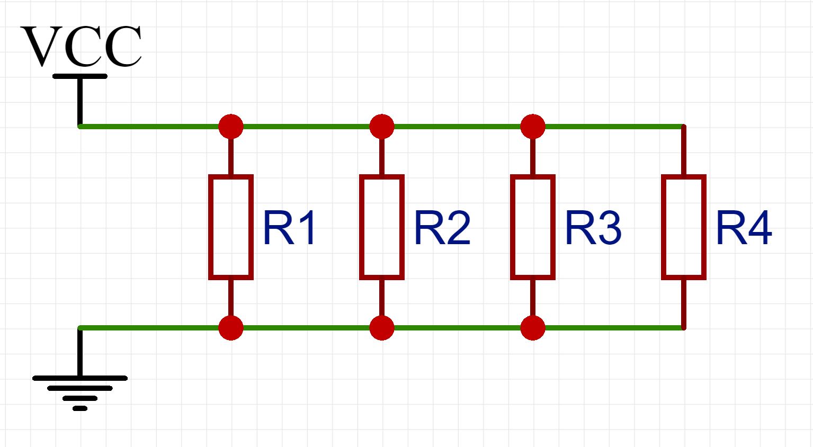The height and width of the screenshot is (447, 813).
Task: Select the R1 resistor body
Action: (x=231, y=227)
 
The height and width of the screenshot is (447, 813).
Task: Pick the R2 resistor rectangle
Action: (x=382, y=227)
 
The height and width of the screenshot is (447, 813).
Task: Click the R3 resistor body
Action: (x=533, y=227)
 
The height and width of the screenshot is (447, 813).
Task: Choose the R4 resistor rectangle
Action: (x=684, y=227)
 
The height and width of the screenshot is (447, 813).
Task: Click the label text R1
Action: (x=290, y=229)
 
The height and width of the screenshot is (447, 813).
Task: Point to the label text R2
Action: (x=442, y=229)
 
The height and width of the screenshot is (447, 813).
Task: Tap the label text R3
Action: (x=593, y=229)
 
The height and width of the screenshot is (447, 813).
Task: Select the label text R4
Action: (x=744, y=229)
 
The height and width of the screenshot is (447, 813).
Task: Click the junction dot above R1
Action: (x=231, y=127)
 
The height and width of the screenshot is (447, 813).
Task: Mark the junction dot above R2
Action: (x=382, y=127)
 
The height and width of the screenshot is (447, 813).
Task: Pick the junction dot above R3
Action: (x=533, y=127)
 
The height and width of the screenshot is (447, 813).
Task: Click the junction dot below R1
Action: (x=231, y=328)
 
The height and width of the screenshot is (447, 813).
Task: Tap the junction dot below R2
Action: (x=382, y=328)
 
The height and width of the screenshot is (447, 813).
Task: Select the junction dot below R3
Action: (x=533, y=328)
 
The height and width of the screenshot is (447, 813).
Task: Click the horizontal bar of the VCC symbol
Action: (x=80, y=76)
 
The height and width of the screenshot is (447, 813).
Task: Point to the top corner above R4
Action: (x=683, y=127)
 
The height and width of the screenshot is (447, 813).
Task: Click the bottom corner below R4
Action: (x=683, y=328)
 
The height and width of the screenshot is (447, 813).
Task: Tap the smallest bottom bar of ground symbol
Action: (x=80, y=408)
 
